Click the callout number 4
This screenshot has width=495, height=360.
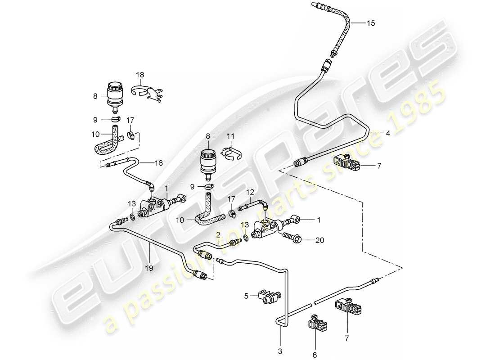tap(387, 133)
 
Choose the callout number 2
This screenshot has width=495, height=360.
tap(218, 234)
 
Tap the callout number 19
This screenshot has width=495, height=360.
tap(149, 268)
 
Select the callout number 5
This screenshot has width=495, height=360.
tap(246, 296)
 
